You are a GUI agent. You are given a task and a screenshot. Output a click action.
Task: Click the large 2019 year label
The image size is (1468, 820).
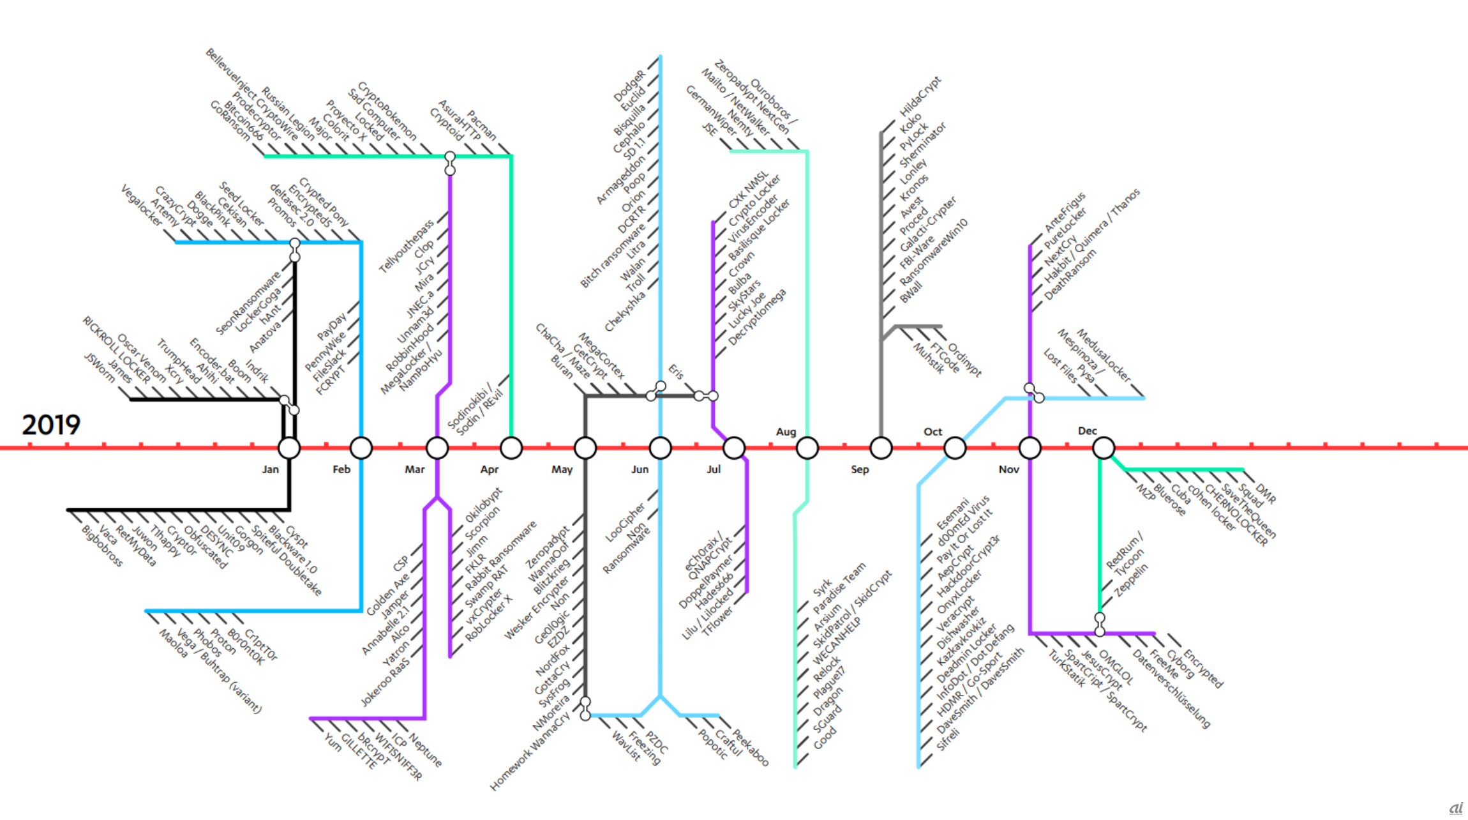[51, 425]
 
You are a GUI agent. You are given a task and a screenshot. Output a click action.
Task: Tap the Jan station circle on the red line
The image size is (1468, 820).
[289, 448]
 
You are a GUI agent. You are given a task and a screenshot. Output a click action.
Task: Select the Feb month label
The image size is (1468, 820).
[341, 469]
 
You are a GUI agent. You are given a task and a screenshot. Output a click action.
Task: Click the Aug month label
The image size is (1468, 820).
[786, 432]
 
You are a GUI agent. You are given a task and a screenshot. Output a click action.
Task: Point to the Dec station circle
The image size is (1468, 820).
[1103, 448]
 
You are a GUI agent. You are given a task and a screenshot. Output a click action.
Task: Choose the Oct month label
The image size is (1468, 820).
[932, 432]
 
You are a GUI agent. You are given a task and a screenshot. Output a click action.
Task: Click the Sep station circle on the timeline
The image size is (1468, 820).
[881, 448]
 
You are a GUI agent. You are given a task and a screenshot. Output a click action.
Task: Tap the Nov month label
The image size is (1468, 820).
[1008, 469]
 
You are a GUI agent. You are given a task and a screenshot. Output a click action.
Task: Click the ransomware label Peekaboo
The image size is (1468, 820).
[750, 747]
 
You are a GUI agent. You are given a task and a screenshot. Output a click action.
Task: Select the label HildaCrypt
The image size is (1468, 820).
[920, 96]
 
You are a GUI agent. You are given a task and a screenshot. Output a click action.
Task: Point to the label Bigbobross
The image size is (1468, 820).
[102, 546]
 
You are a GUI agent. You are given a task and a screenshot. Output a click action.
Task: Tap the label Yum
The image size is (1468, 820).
[333, 741]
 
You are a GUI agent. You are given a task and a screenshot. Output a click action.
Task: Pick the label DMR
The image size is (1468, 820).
[1265, 494]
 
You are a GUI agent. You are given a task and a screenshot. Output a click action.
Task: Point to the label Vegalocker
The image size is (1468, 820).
[142, 205]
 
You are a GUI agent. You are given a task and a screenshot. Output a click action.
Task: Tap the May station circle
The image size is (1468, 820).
[585, 448]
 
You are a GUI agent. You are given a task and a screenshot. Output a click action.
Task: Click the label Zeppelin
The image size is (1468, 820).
[1131, 580]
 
